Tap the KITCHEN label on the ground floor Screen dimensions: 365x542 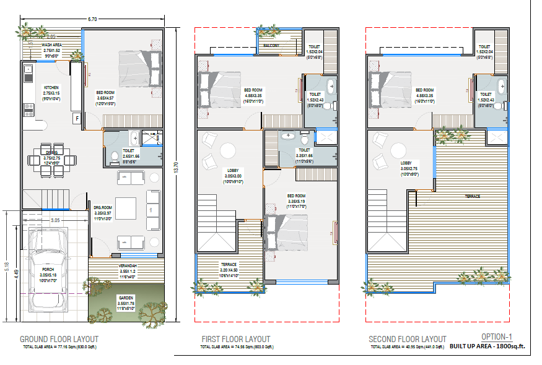51,87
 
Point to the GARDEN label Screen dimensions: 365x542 126,298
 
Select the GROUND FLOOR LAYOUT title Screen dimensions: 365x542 59,339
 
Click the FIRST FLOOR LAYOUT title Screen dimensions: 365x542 235,339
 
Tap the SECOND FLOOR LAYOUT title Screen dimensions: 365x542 407,339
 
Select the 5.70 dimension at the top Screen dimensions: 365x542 92,19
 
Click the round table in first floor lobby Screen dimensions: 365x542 227,152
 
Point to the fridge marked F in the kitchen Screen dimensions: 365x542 77,118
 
